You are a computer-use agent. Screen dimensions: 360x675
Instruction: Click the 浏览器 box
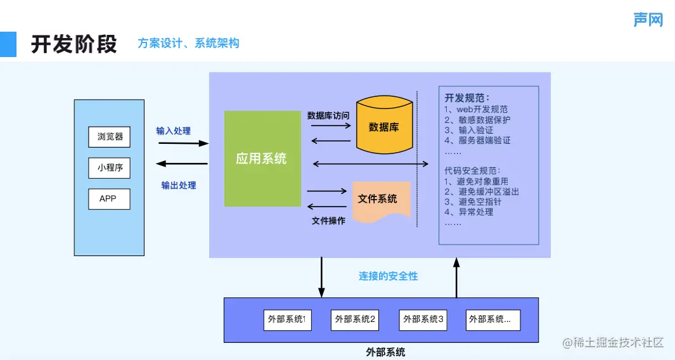(x=110, y=136)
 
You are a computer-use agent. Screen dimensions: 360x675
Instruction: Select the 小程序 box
(x=110, y=168)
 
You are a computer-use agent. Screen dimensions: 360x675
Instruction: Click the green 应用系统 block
(x=262, y=158)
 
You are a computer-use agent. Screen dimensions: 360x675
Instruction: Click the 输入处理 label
(x=174, y=131)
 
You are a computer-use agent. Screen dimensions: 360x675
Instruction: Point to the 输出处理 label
(x=179, y=185)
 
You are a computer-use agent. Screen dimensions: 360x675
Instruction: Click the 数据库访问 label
(x=328, y=115)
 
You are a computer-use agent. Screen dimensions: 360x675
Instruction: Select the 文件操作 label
(x=328, y=221)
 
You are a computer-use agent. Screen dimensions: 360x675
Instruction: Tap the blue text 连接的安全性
(x=388, y=276)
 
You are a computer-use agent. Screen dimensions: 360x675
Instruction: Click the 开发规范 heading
(x=467, y=98)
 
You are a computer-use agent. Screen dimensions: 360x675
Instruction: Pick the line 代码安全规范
(x=472, y=170)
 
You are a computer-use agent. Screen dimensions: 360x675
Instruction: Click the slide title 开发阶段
(x=74, y=44)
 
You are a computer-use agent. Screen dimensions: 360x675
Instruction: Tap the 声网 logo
(x=648, y=20)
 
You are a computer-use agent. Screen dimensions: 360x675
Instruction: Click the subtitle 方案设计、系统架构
(x=188, y=43)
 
